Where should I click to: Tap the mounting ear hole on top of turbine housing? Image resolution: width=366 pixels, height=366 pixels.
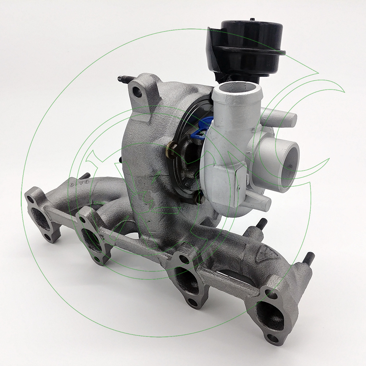tap(138, 91)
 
